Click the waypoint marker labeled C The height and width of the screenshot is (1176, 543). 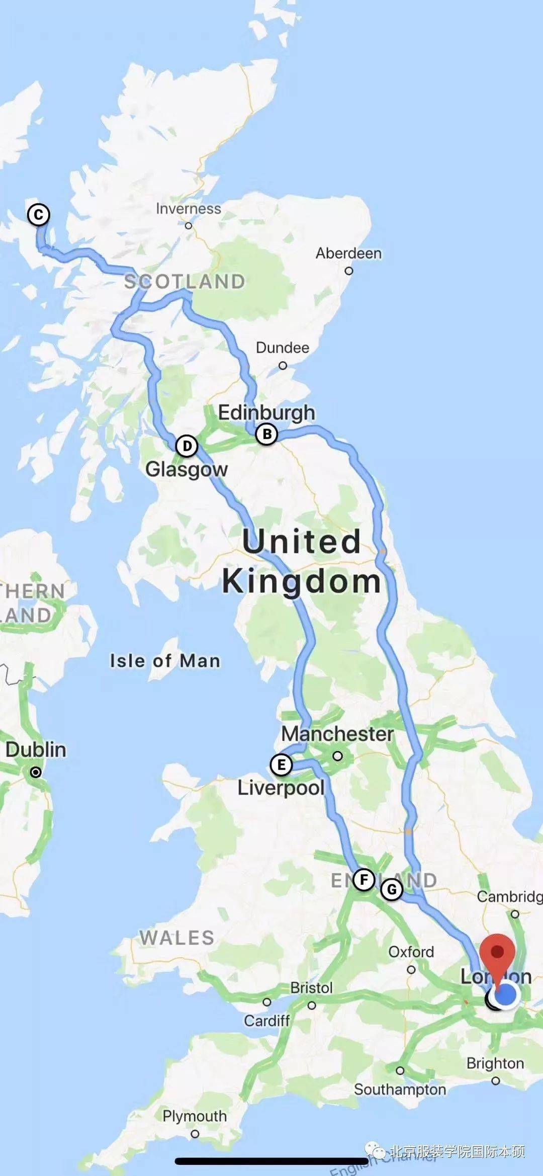pyautogui.click(x=38, y=215)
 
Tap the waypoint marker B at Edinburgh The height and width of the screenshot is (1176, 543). pyautogui.click(x=266, y=434)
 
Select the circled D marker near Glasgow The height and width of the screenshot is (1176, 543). pyautogui.click(x=187, y=446)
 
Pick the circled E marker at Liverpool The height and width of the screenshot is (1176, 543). pyautogui.click(x=281, y=765)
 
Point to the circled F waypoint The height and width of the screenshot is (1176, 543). pyautogui.click(x=364, y=880)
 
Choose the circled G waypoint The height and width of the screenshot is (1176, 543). pyautogui.click(x=392, y=889)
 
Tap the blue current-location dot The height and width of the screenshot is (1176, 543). pyautogui.click(x=506, y=994)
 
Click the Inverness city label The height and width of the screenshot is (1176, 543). pyautogui.click(x=188, y=209)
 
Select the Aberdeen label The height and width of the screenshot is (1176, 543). pyautogui.click(x=348, y=253)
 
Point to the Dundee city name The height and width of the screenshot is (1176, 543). pyautogui.click(x=282, y=348)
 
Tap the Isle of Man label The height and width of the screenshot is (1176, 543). pyautogui.click(x=165, y=660)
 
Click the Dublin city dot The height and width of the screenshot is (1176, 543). pyautogui.click(x=36, y=772)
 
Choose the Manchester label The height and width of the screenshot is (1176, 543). pyautogui.click(x=337, y=733)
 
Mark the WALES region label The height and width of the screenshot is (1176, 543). pyautogui.click(x=177, y=938)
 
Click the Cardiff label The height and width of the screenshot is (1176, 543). pyautogui.click(x=266, y=1020)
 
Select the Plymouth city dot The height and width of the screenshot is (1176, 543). pyautogui.click(x=195, y=1134)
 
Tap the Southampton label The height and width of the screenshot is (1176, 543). pyautogui.click(x=400, y=1089)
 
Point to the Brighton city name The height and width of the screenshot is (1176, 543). pyautogui.click(x=495, y=1063)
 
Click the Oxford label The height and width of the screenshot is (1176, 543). pyautogui.click(x=411, y=952)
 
